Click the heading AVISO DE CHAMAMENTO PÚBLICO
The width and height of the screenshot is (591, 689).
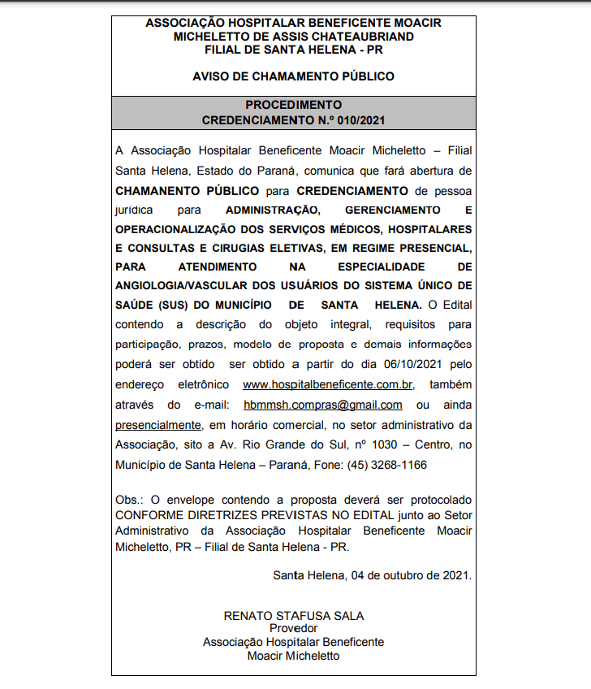[293, 76]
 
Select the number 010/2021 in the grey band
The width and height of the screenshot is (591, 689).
[358, 119]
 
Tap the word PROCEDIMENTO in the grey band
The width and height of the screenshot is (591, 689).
[293, 105]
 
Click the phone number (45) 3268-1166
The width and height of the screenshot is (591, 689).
[386, 465]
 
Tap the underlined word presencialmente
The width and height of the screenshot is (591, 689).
[158, 424]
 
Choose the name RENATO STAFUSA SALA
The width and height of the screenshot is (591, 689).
[293, 615]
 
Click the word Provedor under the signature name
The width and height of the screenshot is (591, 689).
[293, 628]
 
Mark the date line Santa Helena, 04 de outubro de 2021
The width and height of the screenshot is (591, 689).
[372, 575]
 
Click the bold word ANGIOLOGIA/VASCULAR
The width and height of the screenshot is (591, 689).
[177, 285]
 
